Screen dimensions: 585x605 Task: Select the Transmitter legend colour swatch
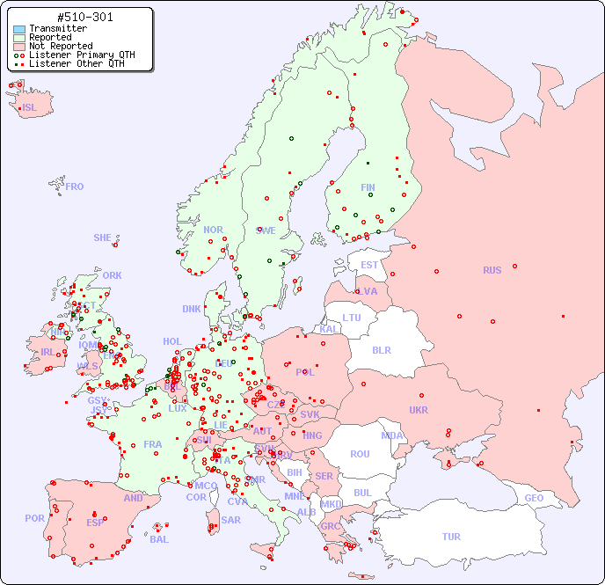pyautogui.click(x=19, y=29)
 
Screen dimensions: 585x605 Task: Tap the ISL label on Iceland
pyautogui.click(x=30, y=108)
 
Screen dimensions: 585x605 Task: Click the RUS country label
pyautogui.click(x=492, y=270)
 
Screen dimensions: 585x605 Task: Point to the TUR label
pyautogui.click(x=451, y=537)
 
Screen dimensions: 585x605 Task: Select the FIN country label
pyautogui.click(x=368, y=187)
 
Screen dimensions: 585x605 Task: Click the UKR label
pyautogui.click(x=419, y=410)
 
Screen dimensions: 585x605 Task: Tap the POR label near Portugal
pyautogui.click(x=34, y=518)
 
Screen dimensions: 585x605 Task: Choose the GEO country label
pyautogui.click(x=534, y=498)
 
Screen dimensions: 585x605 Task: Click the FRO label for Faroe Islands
pyautogui.click(x=75, y=186)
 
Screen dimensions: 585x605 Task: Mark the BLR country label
pyautogui.click(x=381, y=349)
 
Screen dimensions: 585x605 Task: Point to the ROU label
pyautogui.click(x=360, y=454)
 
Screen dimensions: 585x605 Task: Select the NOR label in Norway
pyautogui.click(x=213, y=230)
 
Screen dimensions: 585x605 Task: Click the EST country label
pyautogui.click(x=369, y=265)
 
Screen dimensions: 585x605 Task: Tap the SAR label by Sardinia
pyautogui.click(x=230, y=520)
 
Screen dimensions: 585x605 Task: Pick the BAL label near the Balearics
pyautogui.click(x=158, y=539)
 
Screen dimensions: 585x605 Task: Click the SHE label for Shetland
pyautogui.click(x=103, y=238)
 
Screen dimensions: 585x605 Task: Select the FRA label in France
pyautogui.click(x=153, y=444)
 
